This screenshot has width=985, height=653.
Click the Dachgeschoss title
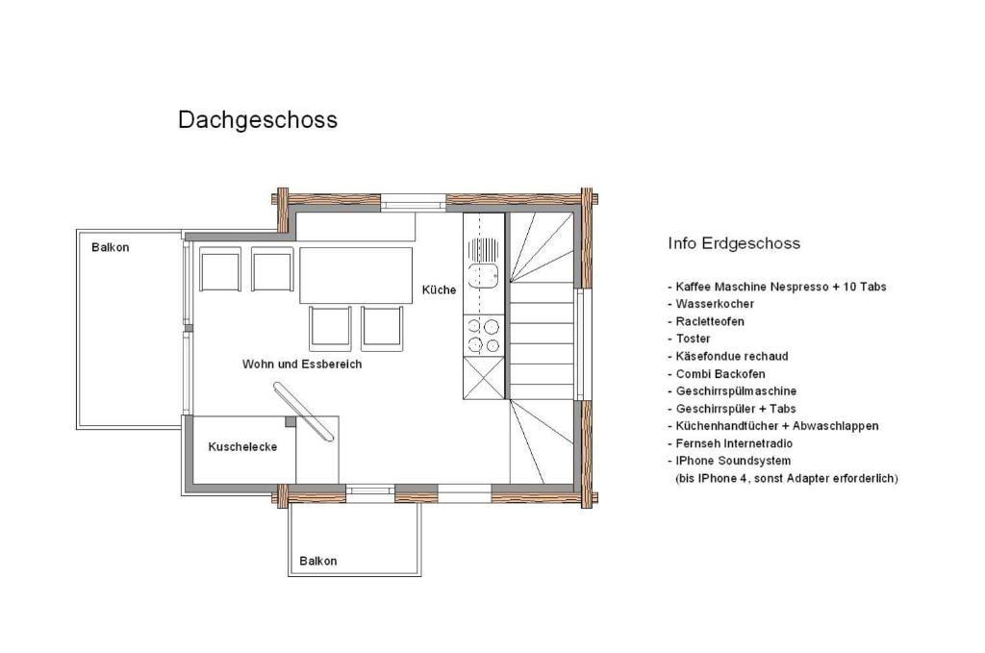[x=258, y=120]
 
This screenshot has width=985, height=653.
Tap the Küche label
[x=439, y=290]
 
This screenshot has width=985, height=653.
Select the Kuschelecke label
[x=242, y=447]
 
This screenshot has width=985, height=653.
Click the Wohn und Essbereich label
[x=302, y=364]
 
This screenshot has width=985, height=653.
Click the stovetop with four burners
[x=484, y=336]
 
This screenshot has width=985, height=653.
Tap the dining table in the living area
[x=356, y=276]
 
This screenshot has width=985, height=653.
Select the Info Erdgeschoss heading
[x=734, y=243]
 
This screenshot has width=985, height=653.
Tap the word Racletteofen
[x=710, y=321]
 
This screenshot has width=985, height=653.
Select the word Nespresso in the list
[x=799, y=287]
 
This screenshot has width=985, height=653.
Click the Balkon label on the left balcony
[x=111, y=247]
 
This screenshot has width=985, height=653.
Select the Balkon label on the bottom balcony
[x=317, y=562]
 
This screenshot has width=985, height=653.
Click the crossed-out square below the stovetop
[x=484, y=378]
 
